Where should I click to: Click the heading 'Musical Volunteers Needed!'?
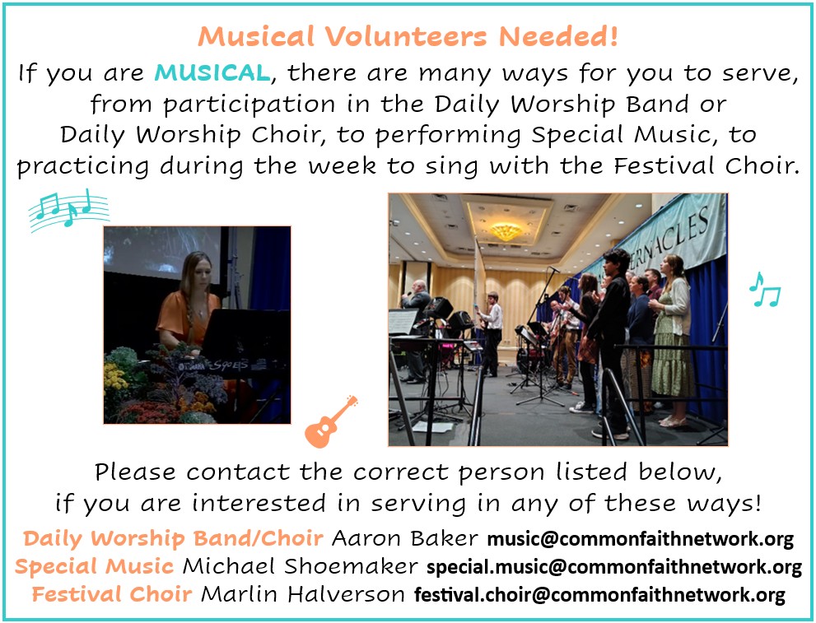click(x=408, y=36)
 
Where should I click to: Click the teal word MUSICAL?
click(x=212, y=72)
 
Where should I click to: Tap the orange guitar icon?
click(x=331, y=421)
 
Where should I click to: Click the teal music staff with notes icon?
click(x=68, y=210)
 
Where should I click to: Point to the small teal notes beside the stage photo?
click(x=765, y=290)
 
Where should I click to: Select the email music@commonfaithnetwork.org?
click(x=640, y=539)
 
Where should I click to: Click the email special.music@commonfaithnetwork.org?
click(x=614, y=567)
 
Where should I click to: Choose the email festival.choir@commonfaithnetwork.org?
click(x=599, y=594)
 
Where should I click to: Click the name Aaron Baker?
click(x=405, y=538)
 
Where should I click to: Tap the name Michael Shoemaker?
click(x=301, y=566)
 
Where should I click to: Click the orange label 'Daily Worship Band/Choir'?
click(x=173, y=538)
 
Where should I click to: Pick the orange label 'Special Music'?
click(x=94, y=566)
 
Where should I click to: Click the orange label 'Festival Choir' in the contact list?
click(x=112, y=594)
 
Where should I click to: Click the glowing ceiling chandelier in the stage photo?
click(x=506, y=231)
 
